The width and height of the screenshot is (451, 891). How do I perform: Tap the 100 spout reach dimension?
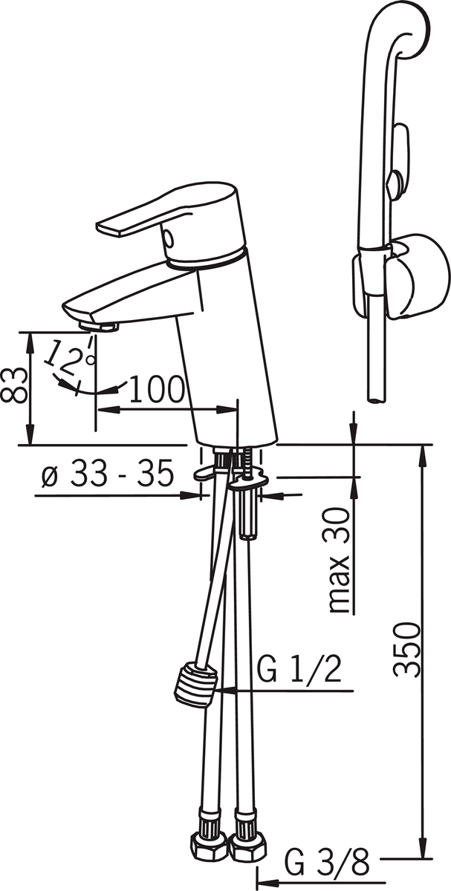pos(157,389)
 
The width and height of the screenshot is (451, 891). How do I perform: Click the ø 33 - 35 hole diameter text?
pos(108,474)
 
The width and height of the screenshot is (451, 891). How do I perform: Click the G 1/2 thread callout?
pos(299,670)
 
